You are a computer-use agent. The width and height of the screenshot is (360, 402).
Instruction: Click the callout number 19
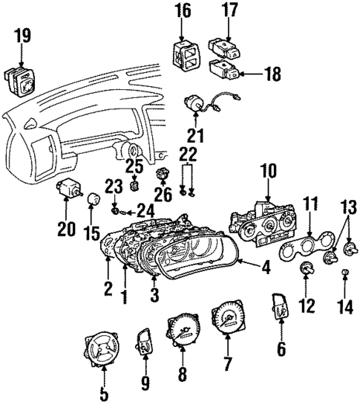[x=22, y=33]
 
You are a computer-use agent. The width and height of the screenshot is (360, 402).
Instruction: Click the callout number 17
[x=230, y=10]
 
